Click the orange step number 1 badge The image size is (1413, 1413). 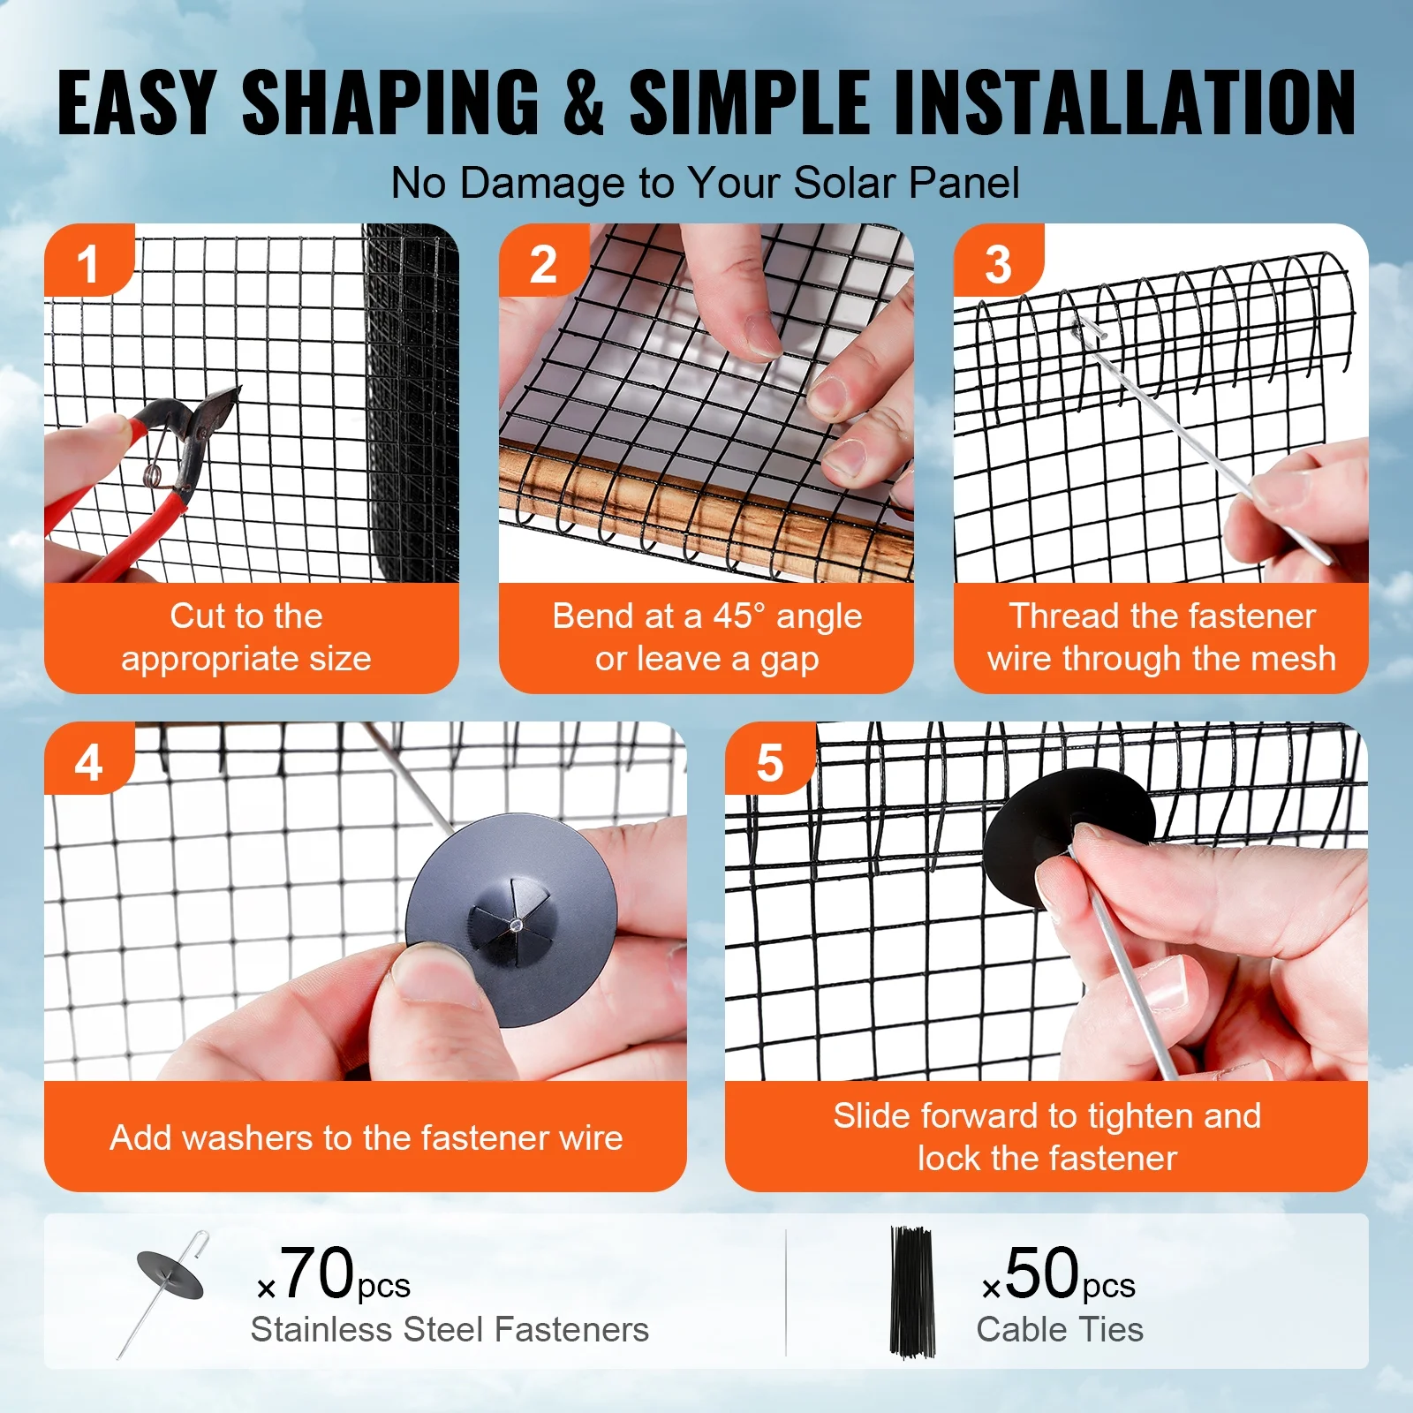(x=87, y=263)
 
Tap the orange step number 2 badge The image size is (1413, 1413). (x=542, y=263)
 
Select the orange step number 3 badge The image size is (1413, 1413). (x=997, y=263)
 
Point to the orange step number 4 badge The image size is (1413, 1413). (x=87, y=761)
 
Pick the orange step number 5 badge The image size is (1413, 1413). (x=769, y=761)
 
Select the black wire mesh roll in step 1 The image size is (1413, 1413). (x=412, y=406)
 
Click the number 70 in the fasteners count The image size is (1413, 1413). (x=317, y=1273)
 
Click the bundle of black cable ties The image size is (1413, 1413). (x=911, y=1291)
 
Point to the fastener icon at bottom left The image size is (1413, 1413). (x=166, y=1289)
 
